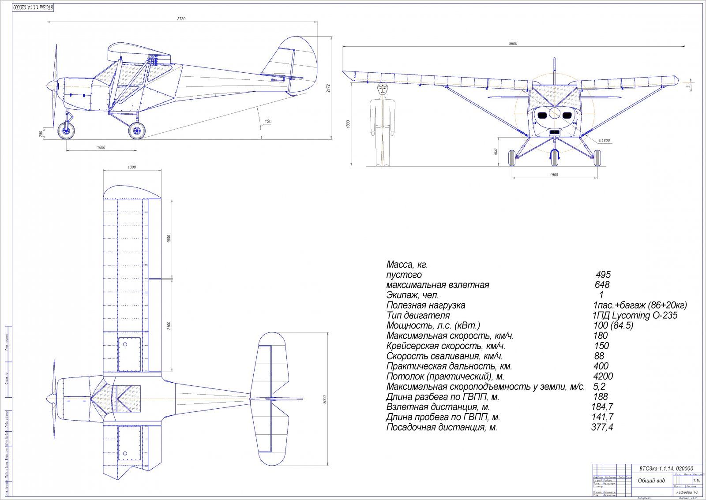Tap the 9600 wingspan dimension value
[x=513, y=43]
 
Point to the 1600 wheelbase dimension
[x=101, y=147]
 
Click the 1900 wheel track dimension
[x=554, y=175]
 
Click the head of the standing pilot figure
[x=383, y=90]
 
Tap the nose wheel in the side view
[x=67, y=130]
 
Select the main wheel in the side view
[x=136, y=130]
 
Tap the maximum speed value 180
[x=601, y=336]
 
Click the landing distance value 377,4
[x=602, y=427]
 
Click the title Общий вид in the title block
[x=651, y=481]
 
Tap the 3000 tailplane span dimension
[x=325, y=399]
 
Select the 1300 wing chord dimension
[x=131, y=167]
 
